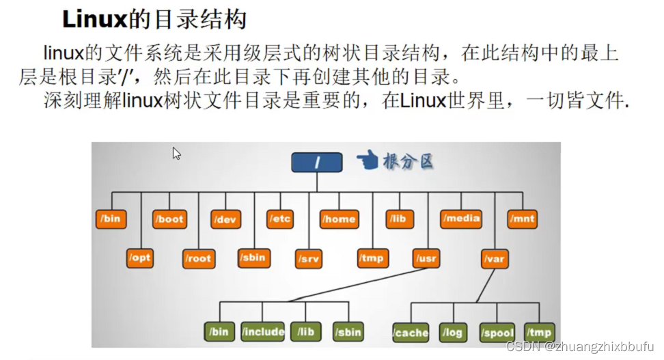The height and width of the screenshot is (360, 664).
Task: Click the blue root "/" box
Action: [x=316, y=162]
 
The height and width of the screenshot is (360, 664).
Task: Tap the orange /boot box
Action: [x=169, y=219]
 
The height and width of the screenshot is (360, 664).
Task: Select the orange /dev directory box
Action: [x=226, y=219]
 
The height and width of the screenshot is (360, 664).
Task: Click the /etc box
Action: [x=281, y=219]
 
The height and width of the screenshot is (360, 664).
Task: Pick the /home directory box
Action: [x=340, y=219]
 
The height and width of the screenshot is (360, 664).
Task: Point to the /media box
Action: [x=461, y=219]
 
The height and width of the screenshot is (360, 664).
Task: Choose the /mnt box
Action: [x=522, y=219]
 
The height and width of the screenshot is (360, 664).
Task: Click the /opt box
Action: [x=140, y=258]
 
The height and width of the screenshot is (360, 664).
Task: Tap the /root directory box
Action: [x=198, y=258]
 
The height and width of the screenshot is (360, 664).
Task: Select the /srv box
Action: [x=309, y=259]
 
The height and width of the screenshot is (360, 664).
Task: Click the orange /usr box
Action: [x=426, y=258]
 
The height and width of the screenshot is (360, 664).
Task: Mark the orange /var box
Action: [x=494, y=259]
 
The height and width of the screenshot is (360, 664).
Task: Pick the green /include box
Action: [x=263, y=332]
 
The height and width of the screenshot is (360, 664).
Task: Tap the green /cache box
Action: [x=411, y=333]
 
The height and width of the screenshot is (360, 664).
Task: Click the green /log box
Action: [x=452, y=333]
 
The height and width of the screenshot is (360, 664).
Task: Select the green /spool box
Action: [x=497, y=333]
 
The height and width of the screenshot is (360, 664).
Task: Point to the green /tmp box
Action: [x=538, y=333]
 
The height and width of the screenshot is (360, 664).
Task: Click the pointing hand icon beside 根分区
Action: [x=368, y=161]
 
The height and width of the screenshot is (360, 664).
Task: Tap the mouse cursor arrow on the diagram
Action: [x=176, y=153]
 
